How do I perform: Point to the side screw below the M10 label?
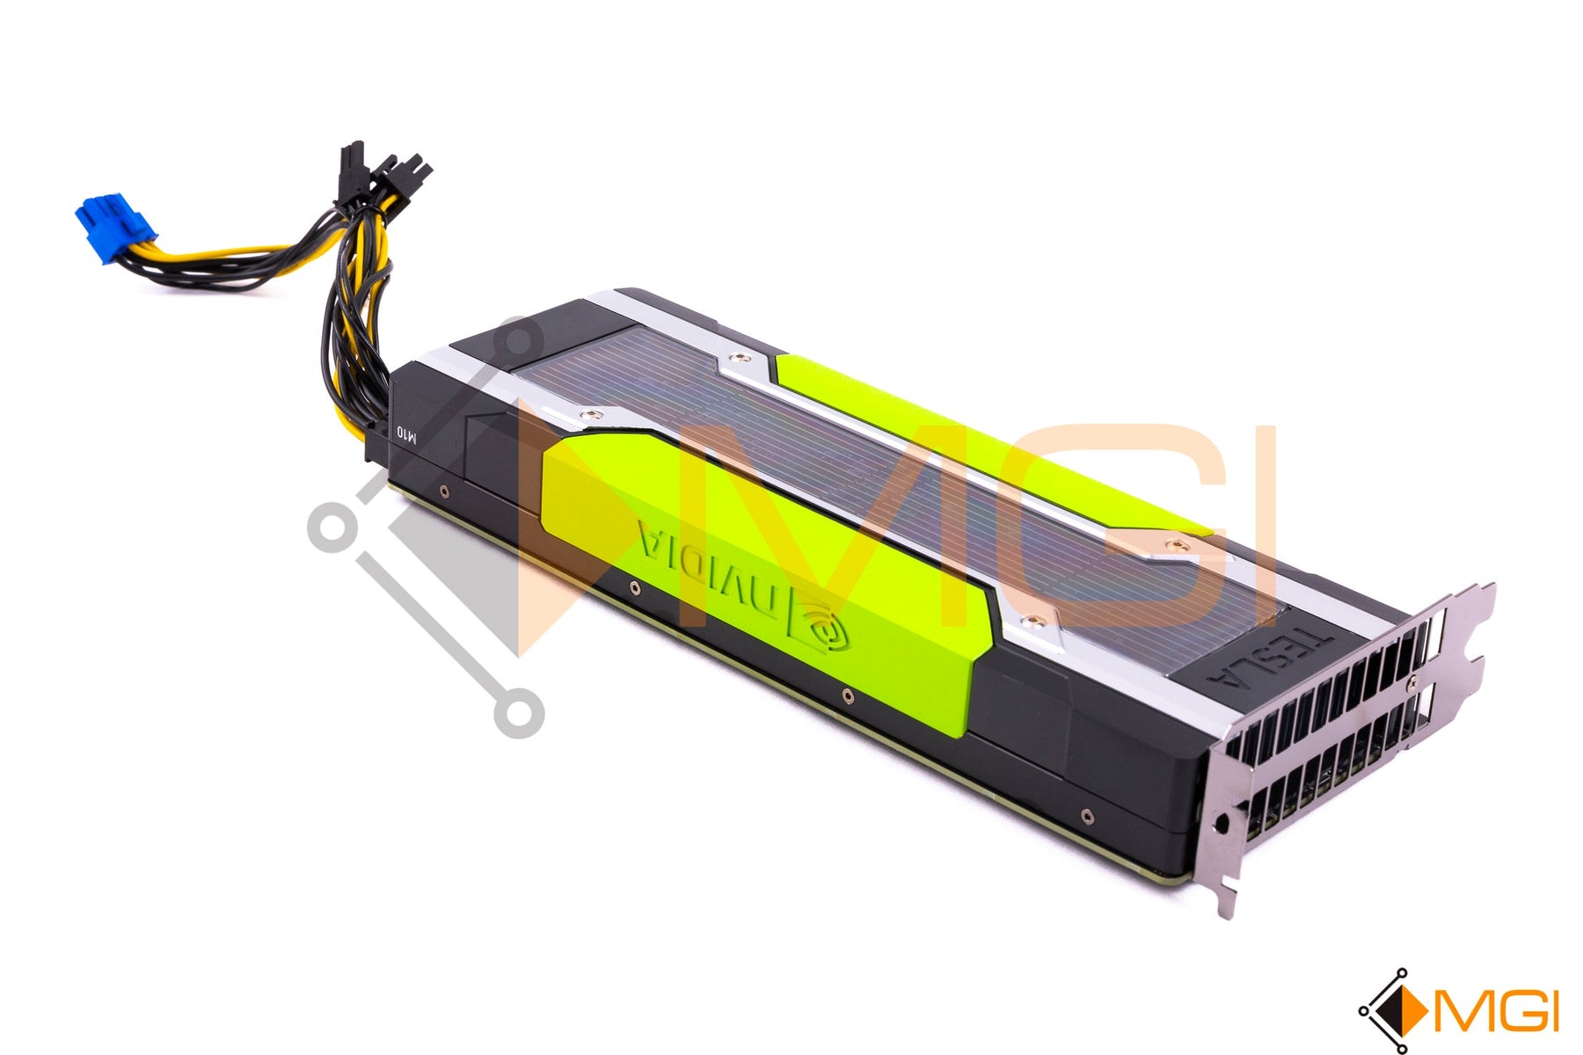click(x=443, y=492)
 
